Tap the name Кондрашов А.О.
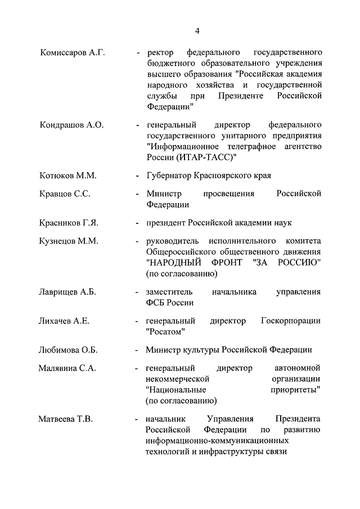point(71,124)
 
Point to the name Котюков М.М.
point(69,175)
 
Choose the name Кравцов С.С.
point(66,194)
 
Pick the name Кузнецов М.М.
point(69,241)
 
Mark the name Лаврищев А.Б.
point(69,292)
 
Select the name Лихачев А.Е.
point(65,321)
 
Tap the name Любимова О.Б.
point(69,350)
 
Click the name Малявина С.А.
point(67,368)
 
